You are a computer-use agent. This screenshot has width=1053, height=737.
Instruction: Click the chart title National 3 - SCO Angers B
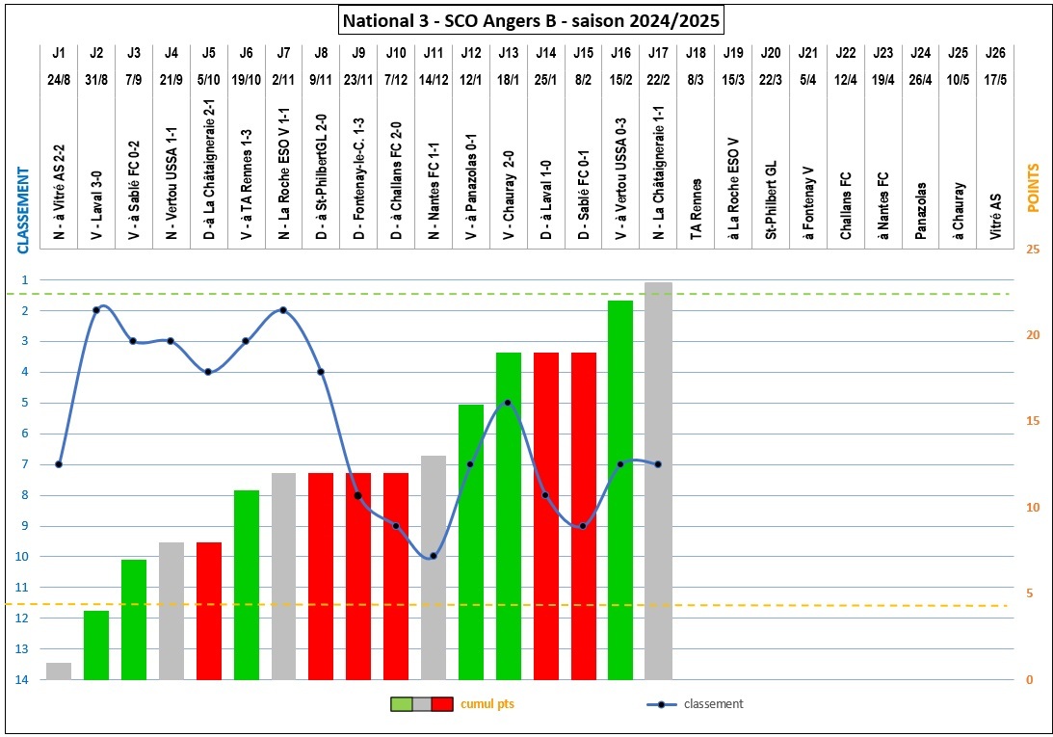point(529,18)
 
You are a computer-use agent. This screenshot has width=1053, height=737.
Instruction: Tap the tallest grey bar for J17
point(658,481)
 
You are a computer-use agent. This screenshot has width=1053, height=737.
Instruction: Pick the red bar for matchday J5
point(209,611)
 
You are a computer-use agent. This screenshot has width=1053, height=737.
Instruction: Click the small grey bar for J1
point(59,671)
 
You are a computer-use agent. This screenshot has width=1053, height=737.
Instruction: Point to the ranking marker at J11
point(434,556)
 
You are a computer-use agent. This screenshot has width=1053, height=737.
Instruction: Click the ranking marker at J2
point(96,310)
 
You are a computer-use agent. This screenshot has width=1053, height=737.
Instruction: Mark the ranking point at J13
point(508,403)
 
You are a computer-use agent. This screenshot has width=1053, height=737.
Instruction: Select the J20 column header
point(770,53)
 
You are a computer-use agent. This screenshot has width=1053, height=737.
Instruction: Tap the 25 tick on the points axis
point(1033,250)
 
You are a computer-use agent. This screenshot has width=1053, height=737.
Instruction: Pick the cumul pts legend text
point(487,704)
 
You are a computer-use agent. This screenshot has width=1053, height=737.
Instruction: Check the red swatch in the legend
point(442,704)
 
